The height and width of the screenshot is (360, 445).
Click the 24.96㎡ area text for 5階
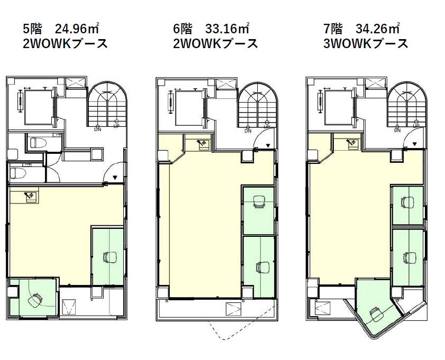[x=77, y=29]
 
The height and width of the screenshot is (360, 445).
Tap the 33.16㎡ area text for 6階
[x=227, y=29]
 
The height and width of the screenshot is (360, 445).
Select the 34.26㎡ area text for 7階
[x=377, y=29]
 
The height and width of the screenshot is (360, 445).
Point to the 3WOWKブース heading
[x=366, y=44]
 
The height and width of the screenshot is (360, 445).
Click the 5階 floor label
[x=32, y=29]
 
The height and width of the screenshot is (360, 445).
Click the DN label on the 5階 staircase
[x=98, y=130]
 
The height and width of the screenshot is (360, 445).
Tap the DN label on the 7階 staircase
[x=397, y=131]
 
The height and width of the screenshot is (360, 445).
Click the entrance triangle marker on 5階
[x=115, y=178]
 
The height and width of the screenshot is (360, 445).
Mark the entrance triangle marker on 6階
[x=268, y=146]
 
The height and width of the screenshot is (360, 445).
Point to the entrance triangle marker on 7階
[x=415, y=144]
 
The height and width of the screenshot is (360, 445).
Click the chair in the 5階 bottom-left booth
[x=36, y=300]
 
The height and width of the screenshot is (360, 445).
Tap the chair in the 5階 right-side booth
[x=110, y=257]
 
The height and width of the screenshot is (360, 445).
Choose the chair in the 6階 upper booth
[x=259, y=202]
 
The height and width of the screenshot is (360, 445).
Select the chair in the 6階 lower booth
[x=262, y=267]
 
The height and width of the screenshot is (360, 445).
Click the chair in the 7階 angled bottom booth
[x=377, y=315]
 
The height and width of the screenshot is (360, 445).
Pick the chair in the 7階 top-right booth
[x=408, y=202]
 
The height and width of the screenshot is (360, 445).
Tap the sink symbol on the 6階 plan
[x=202, y=143]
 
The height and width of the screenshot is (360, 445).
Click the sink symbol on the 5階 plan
[x=30, y=196]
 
